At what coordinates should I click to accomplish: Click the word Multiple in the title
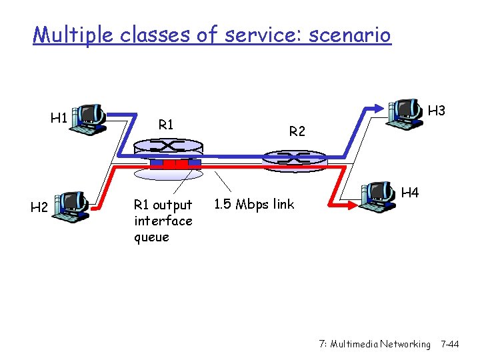(74, 34)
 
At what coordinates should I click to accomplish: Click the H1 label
(59, 118)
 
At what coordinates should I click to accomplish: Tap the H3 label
(437, 110)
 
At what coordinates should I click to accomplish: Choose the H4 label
(411, 193)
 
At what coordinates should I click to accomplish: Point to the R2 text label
(297, 132)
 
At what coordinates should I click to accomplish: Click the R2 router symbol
(293, 157)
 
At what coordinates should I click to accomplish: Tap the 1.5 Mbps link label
(254, 204)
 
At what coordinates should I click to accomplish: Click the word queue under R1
(152, 237)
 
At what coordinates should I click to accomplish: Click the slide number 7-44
(450, 344)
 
